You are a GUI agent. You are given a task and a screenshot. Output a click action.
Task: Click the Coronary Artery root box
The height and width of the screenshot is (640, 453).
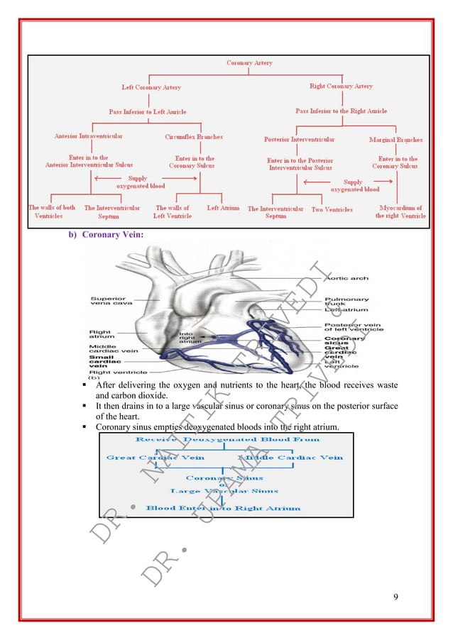pos(249,63)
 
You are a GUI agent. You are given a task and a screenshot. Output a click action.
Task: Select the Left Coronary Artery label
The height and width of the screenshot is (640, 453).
pos(151,87)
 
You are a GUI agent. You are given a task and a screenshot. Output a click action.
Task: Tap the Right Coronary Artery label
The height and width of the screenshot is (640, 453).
pos(341,87)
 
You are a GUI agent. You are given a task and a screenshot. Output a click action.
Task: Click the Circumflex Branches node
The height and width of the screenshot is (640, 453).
pos(194,136)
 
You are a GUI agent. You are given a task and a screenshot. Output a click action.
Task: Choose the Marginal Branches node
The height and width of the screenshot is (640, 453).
pos(396,140)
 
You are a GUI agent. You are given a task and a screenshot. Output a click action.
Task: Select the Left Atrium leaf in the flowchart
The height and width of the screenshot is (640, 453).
pos(223,208)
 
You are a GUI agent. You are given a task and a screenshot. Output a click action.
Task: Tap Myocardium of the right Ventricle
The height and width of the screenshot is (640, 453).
pos(400,211)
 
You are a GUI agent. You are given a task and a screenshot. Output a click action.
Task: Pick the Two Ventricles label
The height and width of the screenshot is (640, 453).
pos(332,210)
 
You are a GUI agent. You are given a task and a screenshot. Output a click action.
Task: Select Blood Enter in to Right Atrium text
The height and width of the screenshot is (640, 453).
pos(223,508)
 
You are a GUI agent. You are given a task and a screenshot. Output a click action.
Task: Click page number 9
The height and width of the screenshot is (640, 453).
pos(395,596)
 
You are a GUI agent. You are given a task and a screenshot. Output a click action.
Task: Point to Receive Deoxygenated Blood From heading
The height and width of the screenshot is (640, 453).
pos(223,439)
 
